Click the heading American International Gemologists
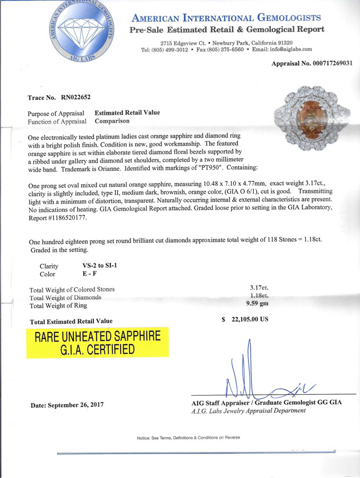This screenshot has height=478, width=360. [x=226, y=18]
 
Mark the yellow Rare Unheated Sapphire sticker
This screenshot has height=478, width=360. [x=98, y=342]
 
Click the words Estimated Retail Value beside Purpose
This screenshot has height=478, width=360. [x=127, y=113]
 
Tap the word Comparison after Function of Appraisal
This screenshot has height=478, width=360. [x=112, y=121]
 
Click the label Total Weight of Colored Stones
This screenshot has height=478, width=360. [x=72, y=289]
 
